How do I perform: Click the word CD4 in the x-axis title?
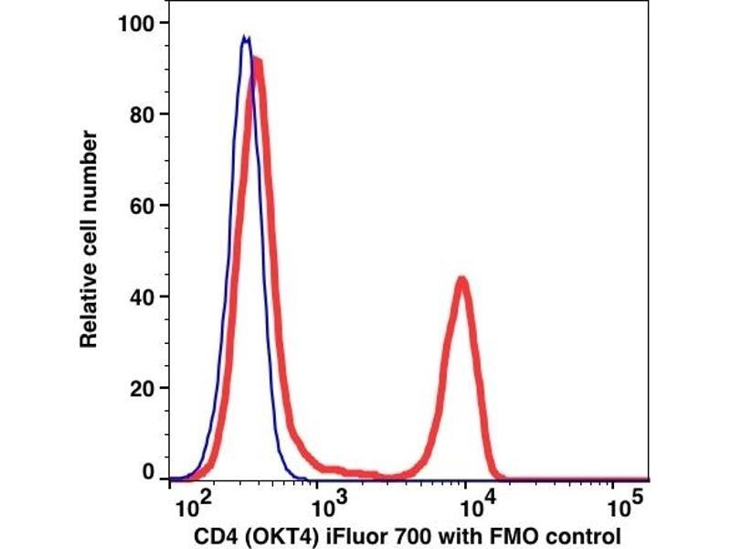(214, 535)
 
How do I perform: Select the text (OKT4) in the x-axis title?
(272, 535)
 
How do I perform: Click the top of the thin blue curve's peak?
(245, 38)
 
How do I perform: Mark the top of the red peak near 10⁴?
(462, 280)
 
